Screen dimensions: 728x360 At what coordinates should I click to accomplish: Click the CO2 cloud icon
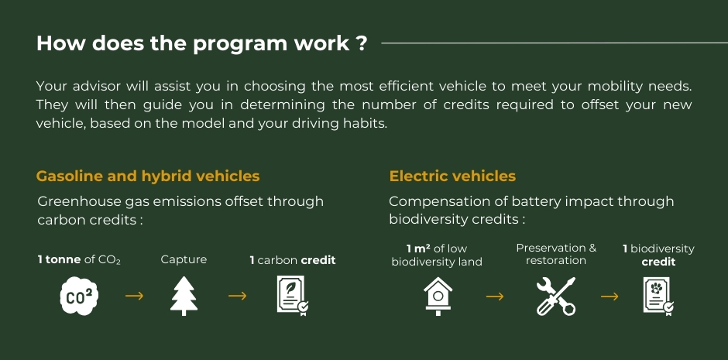coord(80,296)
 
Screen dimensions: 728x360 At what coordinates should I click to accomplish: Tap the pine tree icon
coord(184,296)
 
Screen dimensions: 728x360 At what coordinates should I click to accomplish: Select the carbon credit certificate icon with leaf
coord(293,296)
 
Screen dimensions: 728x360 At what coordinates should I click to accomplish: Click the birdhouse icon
coord(438,296)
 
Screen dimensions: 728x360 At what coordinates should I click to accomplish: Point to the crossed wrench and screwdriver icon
coord(556,297)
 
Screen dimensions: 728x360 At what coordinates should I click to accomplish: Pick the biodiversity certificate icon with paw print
coord(658,296)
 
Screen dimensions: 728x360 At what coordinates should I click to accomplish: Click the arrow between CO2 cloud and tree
coord(134,296)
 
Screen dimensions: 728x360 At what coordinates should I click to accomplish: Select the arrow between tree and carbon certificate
coord(237,296)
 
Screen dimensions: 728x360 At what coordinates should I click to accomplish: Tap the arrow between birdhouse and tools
coord(495,296)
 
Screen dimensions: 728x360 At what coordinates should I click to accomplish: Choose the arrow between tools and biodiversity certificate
coord(610,296)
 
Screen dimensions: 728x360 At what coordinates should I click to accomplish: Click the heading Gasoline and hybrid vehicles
coord(148,177)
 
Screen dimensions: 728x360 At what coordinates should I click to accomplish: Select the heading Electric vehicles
coord(452,177)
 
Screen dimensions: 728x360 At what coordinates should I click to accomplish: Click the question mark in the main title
coord(362,43)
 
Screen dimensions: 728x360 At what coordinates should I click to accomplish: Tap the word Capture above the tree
coord(184,259)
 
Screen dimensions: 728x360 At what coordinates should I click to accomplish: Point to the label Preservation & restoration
coord(556,254)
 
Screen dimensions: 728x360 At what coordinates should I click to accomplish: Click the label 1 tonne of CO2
coord(79,260)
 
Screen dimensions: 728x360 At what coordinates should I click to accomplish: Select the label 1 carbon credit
coord(293,260)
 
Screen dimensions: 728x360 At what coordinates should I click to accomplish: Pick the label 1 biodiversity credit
coord(658,255)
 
